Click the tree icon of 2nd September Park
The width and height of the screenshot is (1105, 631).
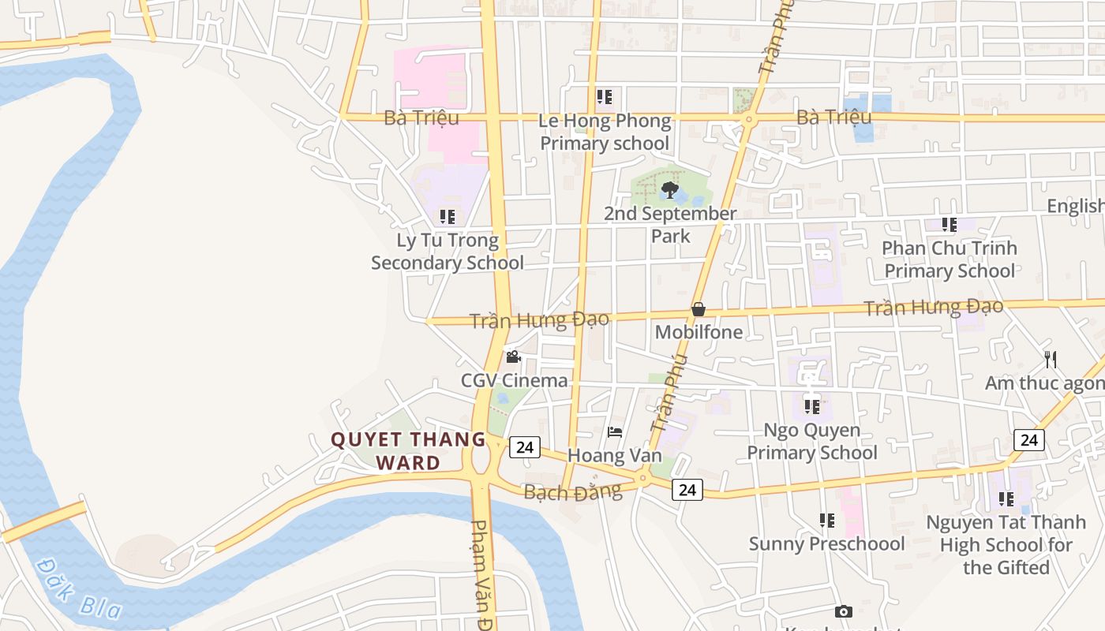click(670, 189)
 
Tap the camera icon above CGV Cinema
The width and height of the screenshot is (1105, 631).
click(513, 357)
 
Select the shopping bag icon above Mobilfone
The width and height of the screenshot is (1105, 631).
click(698, 309)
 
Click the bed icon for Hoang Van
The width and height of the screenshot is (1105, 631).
click(615, 432)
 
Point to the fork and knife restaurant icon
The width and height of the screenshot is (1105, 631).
click(1051, 360)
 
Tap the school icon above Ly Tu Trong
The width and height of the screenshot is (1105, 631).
click(448, 216)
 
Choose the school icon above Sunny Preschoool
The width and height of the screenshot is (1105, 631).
click(826, 521)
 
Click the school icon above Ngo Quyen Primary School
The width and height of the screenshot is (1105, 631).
click(812, 407)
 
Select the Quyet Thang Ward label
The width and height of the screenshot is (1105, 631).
click(408, 450)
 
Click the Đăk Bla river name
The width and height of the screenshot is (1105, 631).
click(79, 588)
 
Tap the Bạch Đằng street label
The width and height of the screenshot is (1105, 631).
click(572, 492)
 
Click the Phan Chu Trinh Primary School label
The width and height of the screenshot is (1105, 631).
click(950, 259)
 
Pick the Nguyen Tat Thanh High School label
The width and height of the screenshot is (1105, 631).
click(1006, 544)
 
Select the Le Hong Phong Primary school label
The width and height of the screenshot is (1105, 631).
click(605, 132)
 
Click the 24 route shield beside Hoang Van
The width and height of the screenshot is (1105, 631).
click(524, 447)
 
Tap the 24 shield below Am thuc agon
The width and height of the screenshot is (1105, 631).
click(1029, 440)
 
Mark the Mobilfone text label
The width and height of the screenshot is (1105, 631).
click(699, 332)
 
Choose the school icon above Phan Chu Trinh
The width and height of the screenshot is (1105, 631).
click(950, 225)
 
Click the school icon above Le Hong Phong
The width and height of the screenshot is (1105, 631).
click(605, 97)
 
